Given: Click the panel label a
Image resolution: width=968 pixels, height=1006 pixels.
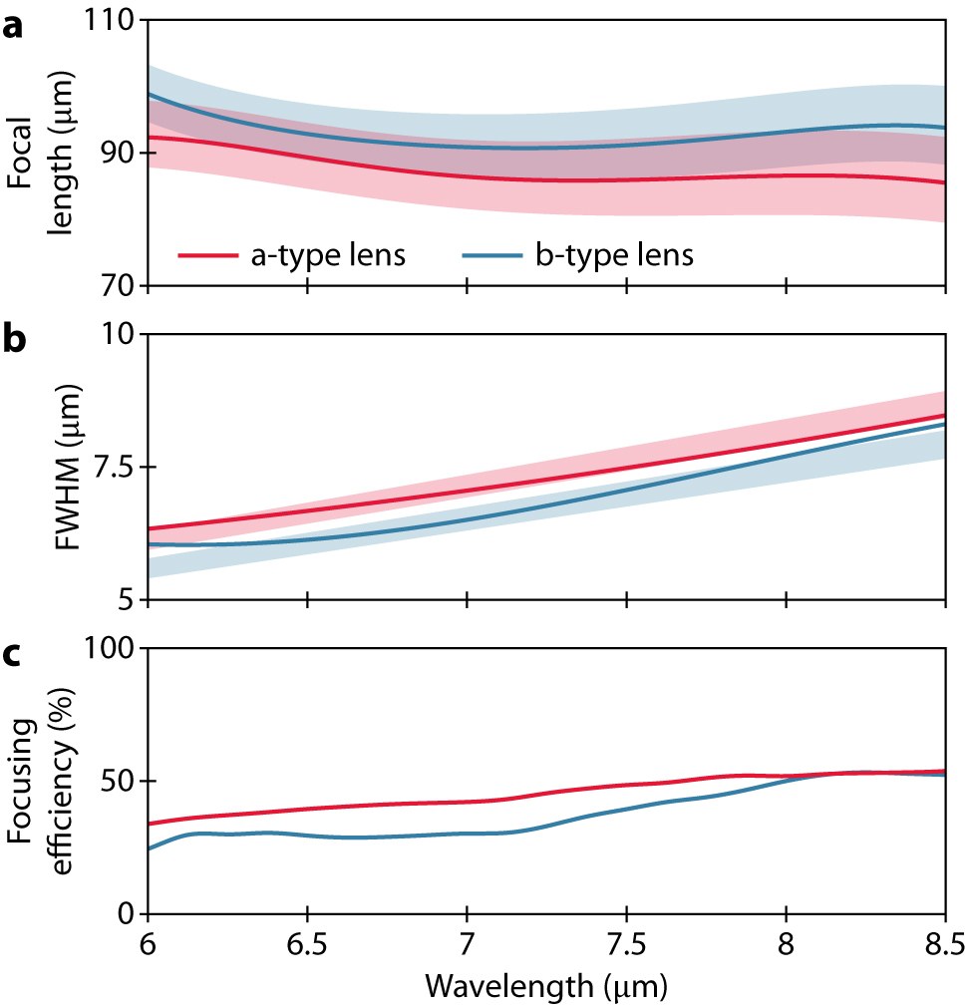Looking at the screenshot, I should (x=13, y=27).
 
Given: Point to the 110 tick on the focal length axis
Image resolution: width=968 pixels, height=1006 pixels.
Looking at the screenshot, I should (x=112, y=20).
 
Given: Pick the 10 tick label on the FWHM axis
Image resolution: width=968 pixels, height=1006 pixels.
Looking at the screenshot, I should (x=120, y=334).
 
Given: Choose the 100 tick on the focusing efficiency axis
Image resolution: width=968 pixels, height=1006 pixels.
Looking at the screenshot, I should (x=112, y=648).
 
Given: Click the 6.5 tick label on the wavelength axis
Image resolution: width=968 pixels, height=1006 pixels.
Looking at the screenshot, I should (x=307, y=943).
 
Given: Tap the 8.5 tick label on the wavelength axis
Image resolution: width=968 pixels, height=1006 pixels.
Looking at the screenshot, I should (x=943, y=943).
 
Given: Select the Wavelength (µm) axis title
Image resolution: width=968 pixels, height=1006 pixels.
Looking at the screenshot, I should (x=545, y=986).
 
